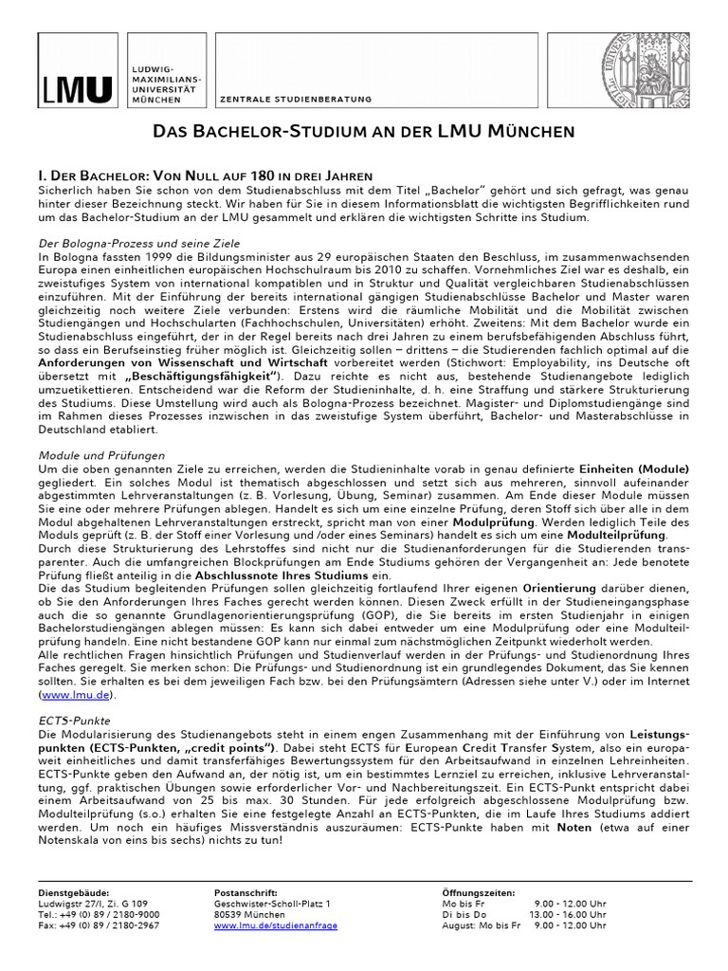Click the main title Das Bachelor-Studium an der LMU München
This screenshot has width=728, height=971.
click(364, 132)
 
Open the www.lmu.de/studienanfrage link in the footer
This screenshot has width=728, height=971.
click(276, 925)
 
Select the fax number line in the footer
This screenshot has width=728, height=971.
click(99, 925)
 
